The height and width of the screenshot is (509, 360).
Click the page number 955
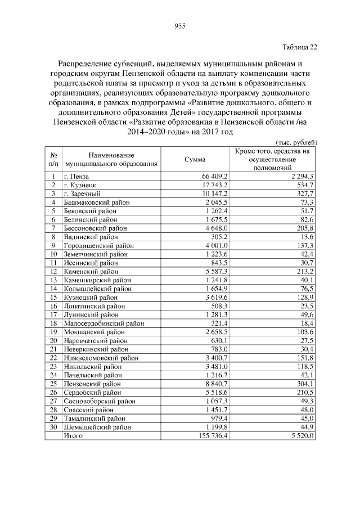tap(180, 26)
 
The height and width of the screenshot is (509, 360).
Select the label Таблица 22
tap(299, 48)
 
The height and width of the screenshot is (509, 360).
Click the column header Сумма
tap(195, 159)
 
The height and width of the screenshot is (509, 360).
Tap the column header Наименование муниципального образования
tap(111, 159)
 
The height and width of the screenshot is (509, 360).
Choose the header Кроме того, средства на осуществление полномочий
tap(272, 159)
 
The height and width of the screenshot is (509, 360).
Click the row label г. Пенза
tap(76, 176)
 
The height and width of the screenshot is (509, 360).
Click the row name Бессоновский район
tap(95, 228)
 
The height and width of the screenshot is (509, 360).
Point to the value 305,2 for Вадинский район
tap(218, 237)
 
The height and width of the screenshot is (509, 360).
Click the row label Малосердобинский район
tap(103, 323)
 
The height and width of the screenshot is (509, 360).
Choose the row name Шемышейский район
tap(97, 427)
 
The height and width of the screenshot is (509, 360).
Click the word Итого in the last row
tap(73, 435)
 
